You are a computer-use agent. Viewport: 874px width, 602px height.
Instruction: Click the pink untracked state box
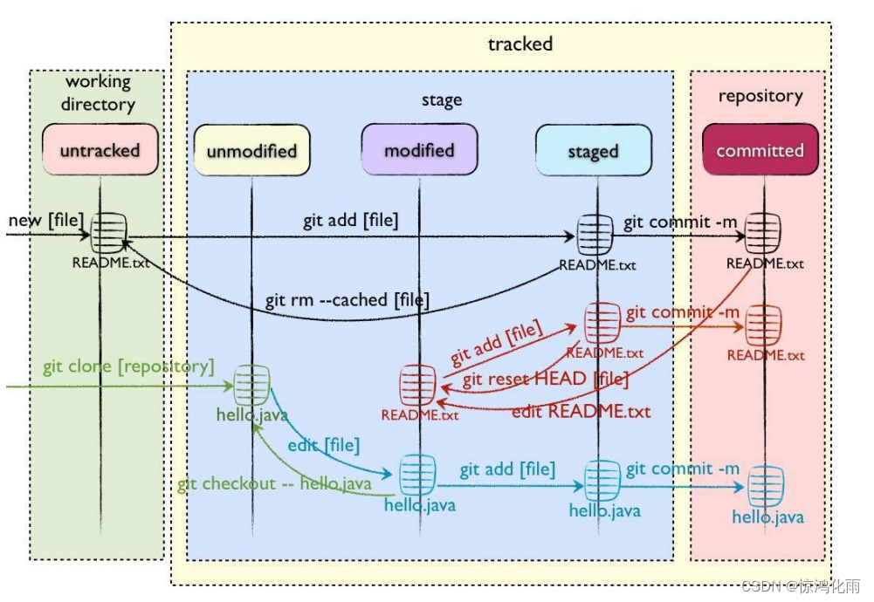click(100, 150)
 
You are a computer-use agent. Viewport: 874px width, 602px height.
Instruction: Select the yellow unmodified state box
click(251, 151)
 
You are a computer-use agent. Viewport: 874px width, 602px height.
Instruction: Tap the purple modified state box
click(419, 150)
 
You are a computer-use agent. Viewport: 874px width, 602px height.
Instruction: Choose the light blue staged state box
click(593, 152)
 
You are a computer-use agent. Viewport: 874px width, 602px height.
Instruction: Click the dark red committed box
click(760, 150)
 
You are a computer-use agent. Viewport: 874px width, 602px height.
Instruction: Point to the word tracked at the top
click(520, 44)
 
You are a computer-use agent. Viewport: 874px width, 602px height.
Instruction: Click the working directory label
click(99, 93)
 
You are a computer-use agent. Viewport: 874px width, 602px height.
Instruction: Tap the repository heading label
click(760, 96)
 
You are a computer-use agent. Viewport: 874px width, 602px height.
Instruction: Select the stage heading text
click(441, 100)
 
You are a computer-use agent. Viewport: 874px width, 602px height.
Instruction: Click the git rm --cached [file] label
click(347, 300)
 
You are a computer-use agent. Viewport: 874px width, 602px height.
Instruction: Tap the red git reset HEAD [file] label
click(545, 380)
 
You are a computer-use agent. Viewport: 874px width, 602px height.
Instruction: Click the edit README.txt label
click(581, 411)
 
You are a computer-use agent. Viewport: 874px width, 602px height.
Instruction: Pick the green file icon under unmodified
click(251, 383)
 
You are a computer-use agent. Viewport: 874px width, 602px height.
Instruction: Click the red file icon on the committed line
click(764, 325)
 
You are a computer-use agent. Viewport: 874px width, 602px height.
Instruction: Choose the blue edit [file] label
click(323, 445)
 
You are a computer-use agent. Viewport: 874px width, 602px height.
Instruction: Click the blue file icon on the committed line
click(767, 485)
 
